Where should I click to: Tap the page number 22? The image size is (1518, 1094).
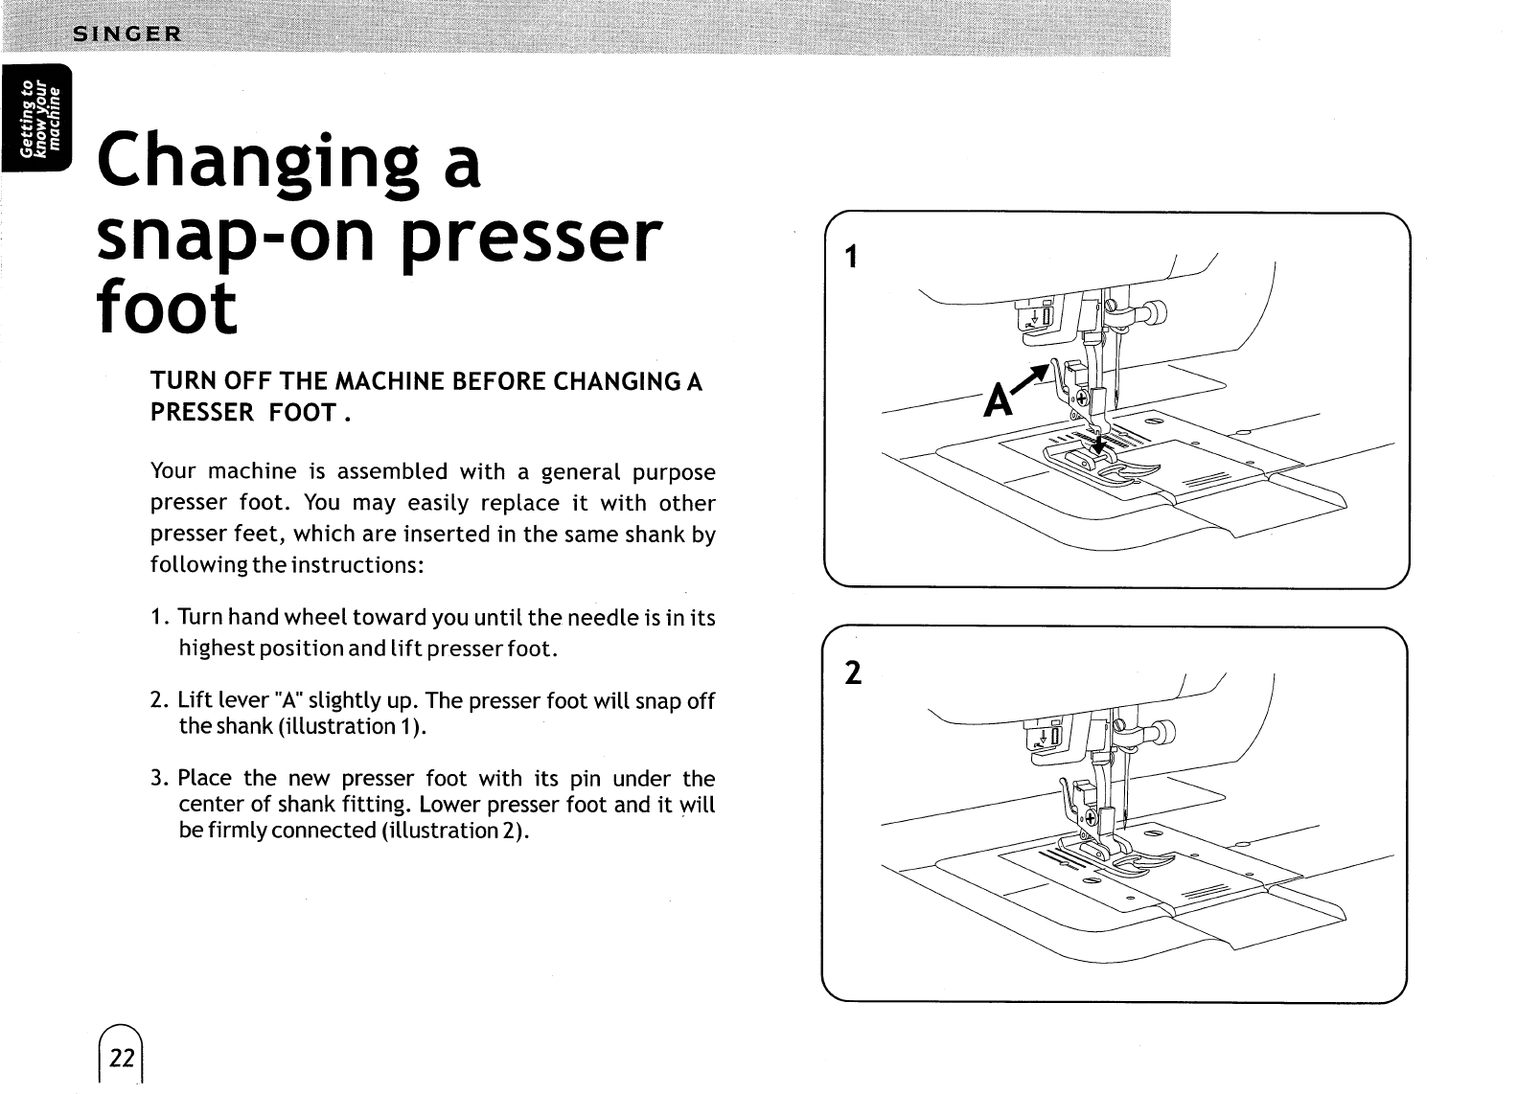tap(122, 1058)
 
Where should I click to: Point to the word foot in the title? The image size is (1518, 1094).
tap(166, 308)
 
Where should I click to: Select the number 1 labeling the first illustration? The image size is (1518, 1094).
tap(849, 258)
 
